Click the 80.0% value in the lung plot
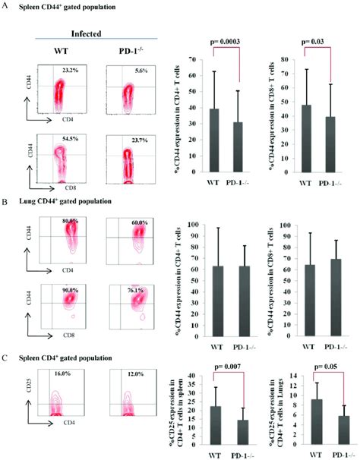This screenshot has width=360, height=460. click(x=71, y=221)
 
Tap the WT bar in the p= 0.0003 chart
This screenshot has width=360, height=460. click(x=204, y=141)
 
